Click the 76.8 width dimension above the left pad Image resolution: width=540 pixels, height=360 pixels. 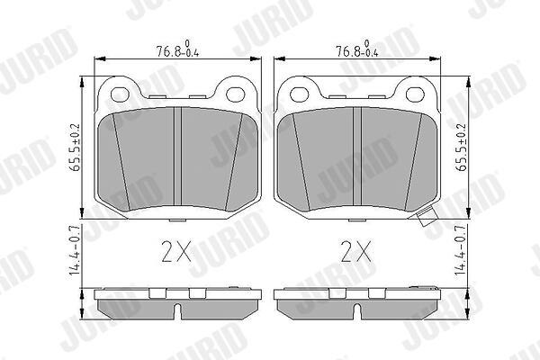(177, 49)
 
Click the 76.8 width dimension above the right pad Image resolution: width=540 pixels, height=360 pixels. (357, 49)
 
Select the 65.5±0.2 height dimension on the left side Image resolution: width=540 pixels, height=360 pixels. (75, 148)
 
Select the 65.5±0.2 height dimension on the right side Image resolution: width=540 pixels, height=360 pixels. (461, 148)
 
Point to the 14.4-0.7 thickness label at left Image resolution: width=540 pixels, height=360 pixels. (75, 250)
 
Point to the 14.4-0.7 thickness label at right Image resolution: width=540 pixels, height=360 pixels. (461, 250)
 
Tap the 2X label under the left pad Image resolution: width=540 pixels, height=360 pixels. (176, 251)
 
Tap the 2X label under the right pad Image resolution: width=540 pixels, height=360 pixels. (356, 251)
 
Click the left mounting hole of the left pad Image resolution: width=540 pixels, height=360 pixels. (120, 94)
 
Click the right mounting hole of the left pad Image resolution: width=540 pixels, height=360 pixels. (236, 94)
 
